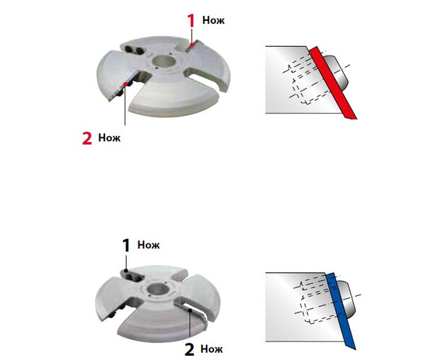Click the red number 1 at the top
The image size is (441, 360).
click(x=191, y=20)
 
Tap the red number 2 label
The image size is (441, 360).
click(x=87, y=138)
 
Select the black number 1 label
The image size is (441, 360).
click(x=126, y=246)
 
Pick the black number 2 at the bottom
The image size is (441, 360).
click(x=190, y=350)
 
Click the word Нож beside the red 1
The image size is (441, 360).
click(x=213, y=20)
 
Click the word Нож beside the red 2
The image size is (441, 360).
click(x=110, y=138)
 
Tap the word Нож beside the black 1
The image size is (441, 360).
click(x=148, y=245)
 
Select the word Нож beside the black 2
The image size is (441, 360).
click(x=212, y=349)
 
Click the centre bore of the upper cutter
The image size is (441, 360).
click(x=164, y=61)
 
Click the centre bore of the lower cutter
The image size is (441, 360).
click(x=158, y=289)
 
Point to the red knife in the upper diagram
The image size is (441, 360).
click(x=333, y=83)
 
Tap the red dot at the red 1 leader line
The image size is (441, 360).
click(x=192, y=45)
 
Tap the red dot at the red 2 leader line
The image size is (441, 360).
click(x=125, y=84)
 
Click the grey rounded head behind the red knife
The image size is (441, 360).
click(x=337, y=73)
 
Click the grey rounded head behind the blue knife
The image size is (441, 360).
click(x=347, y=299)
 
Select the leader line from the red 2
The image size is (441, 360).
click(x=125, y=105)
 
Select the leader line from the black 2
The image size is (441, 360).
click(x=190, y=323)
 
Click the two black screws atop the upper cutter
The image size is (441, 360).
click(x=134, y=50)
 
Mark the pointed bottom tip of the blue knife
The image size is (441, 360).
click(x=355, y=350)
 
